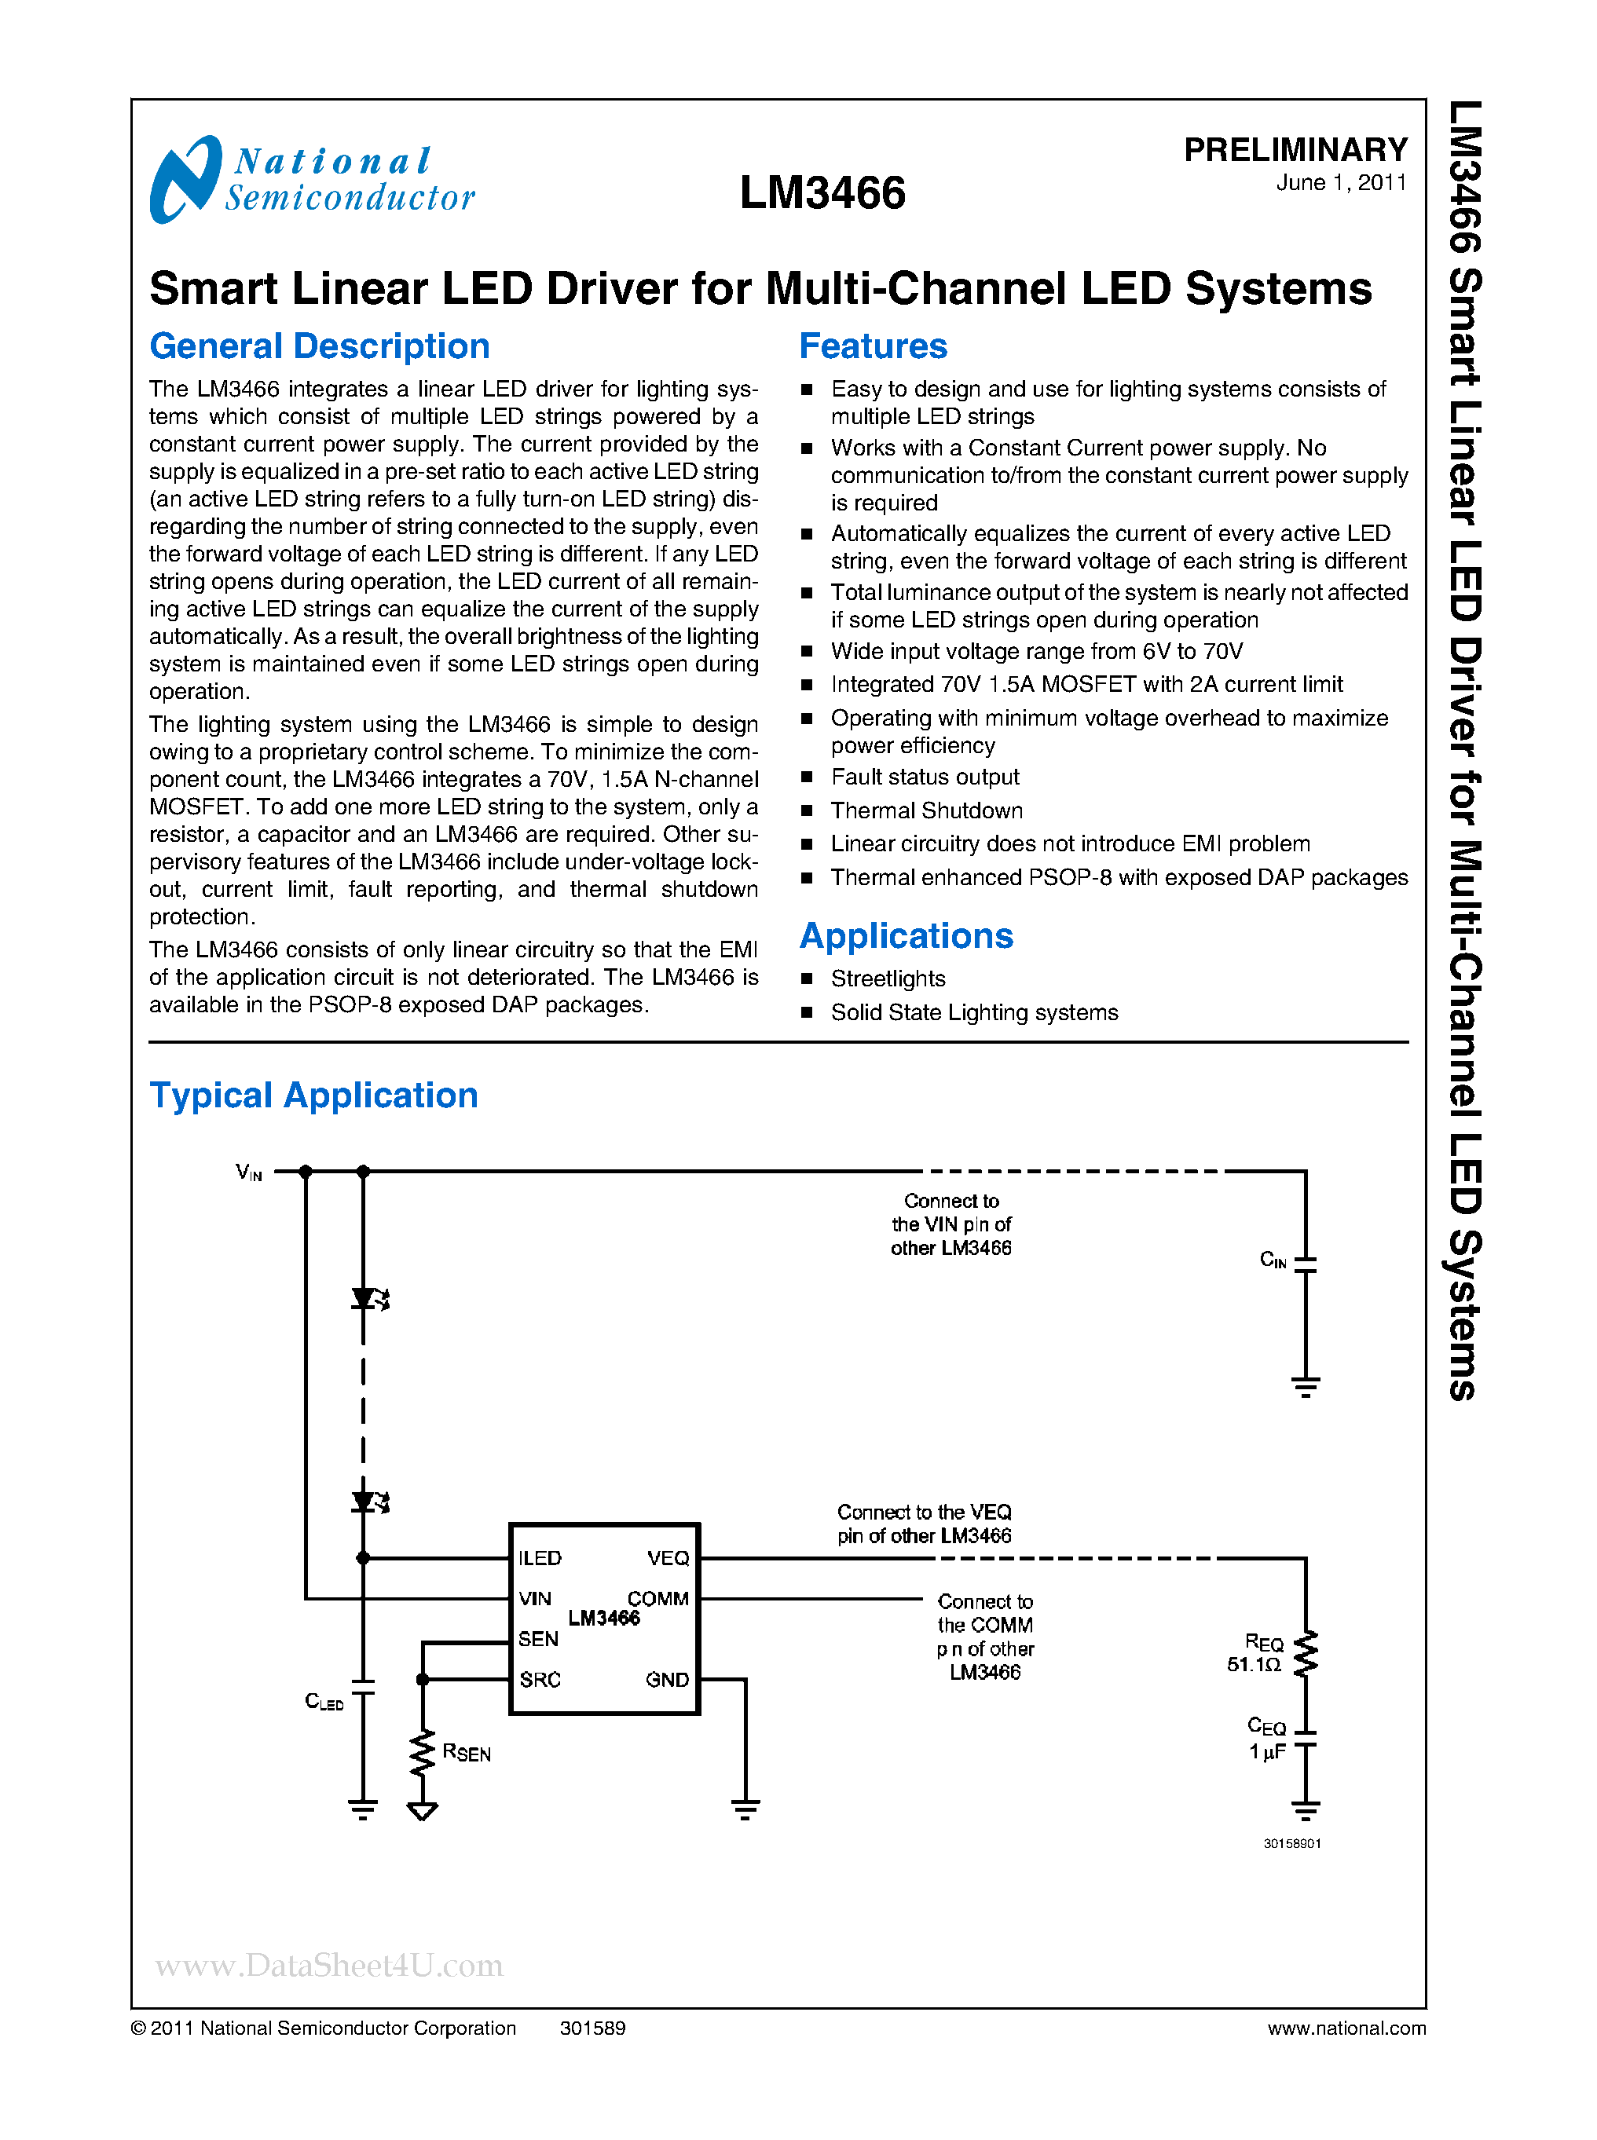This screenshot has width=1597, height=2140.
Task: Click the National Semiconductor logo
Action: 311,180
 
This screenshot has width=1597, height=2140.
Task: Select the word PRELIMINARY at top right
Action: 1295,150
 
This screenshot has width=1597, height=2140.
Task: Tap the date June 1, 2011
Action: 1341,183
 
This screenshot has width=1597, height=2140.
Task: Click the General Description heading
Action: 319,346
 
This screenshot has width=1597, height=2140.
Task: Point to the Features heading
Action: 873,346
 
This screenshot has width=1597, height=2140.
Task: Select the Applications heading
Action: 906,935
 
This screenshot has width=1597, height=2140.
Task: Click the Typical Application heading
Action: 313,1096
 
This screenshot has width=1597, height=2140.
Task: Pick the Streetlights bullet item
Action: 888,979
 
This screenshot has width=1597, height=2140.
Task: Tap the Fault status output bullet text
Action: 924,777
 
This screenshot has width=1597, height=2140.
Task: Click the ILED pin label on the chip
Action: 540,1558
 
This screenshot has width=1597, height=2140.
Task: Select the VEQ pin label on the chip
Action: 668,1558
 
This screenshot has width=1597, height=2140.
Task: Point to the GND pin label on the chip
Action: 667,1680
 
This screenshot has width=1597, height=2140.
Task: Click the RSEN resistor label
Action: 466,1752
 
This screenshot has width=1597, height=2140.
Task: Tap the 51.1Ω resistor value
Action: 1254,1664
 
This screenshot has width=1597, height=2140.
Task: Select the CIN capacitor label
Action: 1273,1260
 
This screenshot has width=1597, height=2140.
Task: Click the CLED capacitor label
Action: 324,1701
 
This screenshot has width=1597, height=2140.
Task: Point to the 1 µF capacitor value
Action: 1266,1751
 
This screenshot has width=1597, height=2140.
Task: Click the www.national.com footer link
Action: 1346,2028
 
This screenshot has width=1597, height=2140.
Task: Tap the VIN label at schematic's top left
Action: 248,1172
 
